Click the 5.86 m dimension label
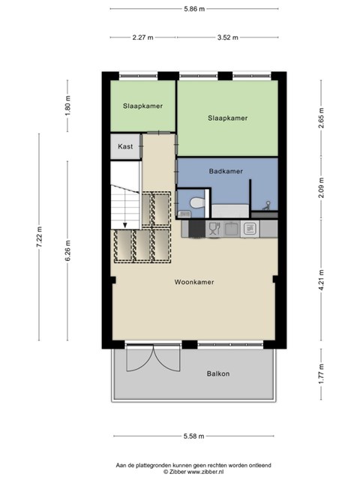[194, 9]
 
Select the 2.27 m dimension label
[142, 37]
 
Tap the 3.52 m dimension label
[227, 37]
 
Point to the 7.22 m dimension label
[39, 237]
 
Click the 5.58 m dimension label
[193, 436]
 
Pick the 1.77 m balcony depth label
[321, 373]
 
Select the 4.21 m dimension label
[321, 280]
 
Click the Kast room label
[125, 146]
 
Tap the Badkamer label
[226, 171]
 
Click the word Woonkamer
[194, 282]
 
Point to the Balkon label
[218, 373]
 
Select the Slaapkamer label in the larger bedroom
[228, 118]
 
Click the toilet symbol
[197, 202]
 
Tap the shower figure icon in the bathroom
[267, 205]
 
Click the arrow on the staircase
[125, 225]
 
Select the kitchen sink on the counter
[232, 229]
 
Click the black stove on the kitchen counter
[196, 229]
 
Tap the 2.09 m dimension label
[321, 187]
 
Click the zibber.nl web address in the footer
[205, 472]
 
